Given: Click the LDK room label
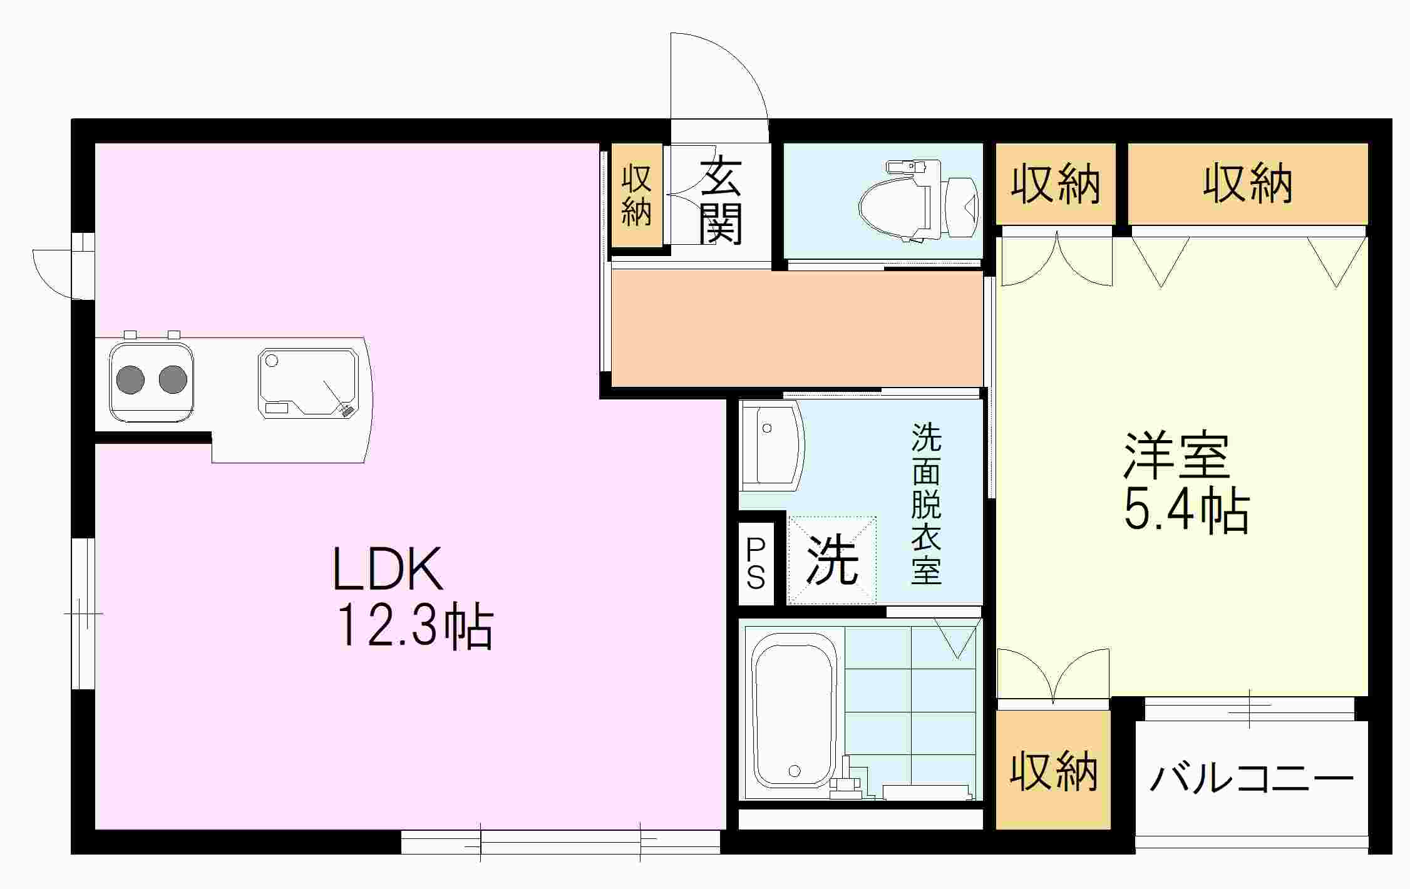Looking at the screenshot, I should coord(388,569).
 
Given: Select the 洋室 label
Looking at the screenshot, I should coord(1176,455).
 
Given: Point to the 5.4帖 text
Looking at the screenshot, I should coord(1186,510).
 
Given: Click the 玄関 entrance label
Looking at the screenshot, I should coord(721,202).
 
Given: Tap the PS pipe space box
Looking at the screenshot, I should coord(756,564).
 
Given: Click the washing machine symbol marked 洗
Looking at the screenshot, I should coord(831,560).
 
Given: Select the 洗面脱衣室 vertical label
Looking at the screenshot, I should coord(926,504).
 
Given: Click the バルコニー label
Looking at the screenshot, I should coord(1251,779).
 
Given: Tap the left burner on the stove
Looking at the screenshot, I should coord(130,379).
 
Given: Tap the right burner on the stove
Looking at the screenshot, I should coord(173,379).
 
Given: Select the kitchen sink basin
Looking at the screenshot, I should coord(308,382).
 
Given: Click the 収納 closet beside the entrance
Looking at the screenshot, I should coord(637,195).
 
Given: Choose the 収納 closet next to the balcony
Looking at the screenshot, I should coord(1053,771).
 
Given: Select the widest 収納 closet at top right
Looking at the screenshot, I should coord(1248,183).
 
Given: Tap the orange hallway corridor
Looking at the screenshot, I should coord(795,328).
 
